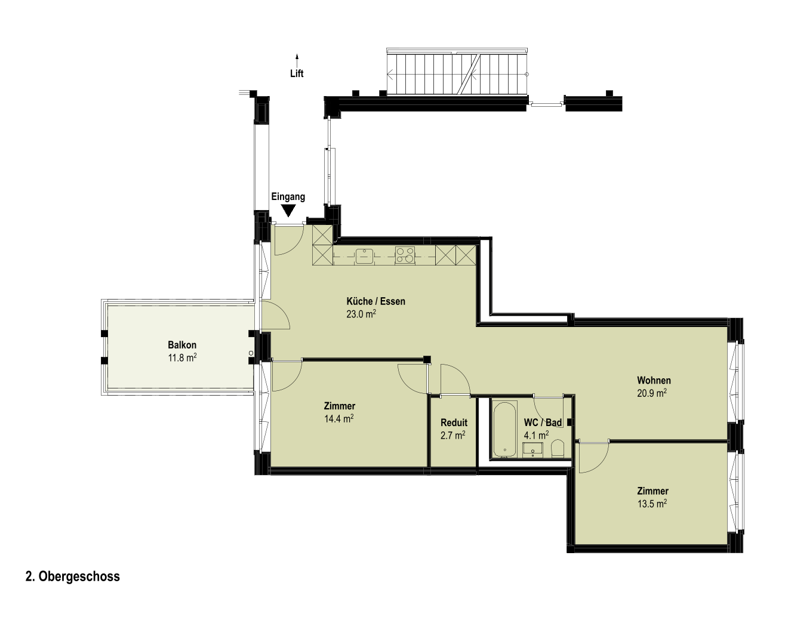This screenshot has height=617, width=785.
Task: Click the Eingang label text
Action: click(x=288, y=197)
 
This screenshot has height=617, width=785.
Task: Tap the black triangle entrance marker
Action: click(x=288, y=210)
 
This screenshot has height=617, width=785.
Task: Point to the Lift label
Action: click(x=297, y=73)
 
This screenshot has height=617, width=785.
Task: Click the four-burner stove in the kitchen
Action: click(x=405, y=255)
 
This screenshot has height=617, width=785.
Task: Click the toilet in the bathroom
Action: click(x=558, y=449)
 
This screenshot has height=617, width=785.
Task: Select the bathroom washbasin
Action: click(x=532, y=450)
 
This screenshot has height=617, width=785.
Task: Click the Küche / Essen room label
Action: click(x=375, y=301)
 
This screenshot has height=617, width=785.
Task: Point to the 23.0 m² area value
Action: click(x=361, y=314)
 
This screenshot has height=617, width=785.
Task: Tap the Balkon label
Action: click(x=182, y=345)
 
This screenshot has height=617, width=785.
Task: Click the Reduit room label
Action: click(x=454, y=422)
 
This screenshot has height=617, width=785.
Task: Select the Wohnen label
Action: click(x=654, y=380)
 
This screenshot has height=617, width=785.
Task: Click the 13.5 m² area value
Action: click(x=652, y=503)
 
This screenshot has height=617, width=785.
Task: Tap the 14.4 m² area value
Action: click(x=339, y=418)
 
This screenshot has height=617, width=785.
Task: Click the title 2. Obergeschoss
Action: click(x=73, y=576)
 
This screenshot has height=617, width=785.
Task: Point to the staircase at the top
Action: click(x=457, y=72)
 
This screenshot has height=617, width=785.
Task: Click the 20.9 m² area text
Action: click(x=652, y=393)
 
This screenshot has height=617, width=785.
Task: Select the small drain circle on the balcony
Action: click(x=251, y=353)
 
